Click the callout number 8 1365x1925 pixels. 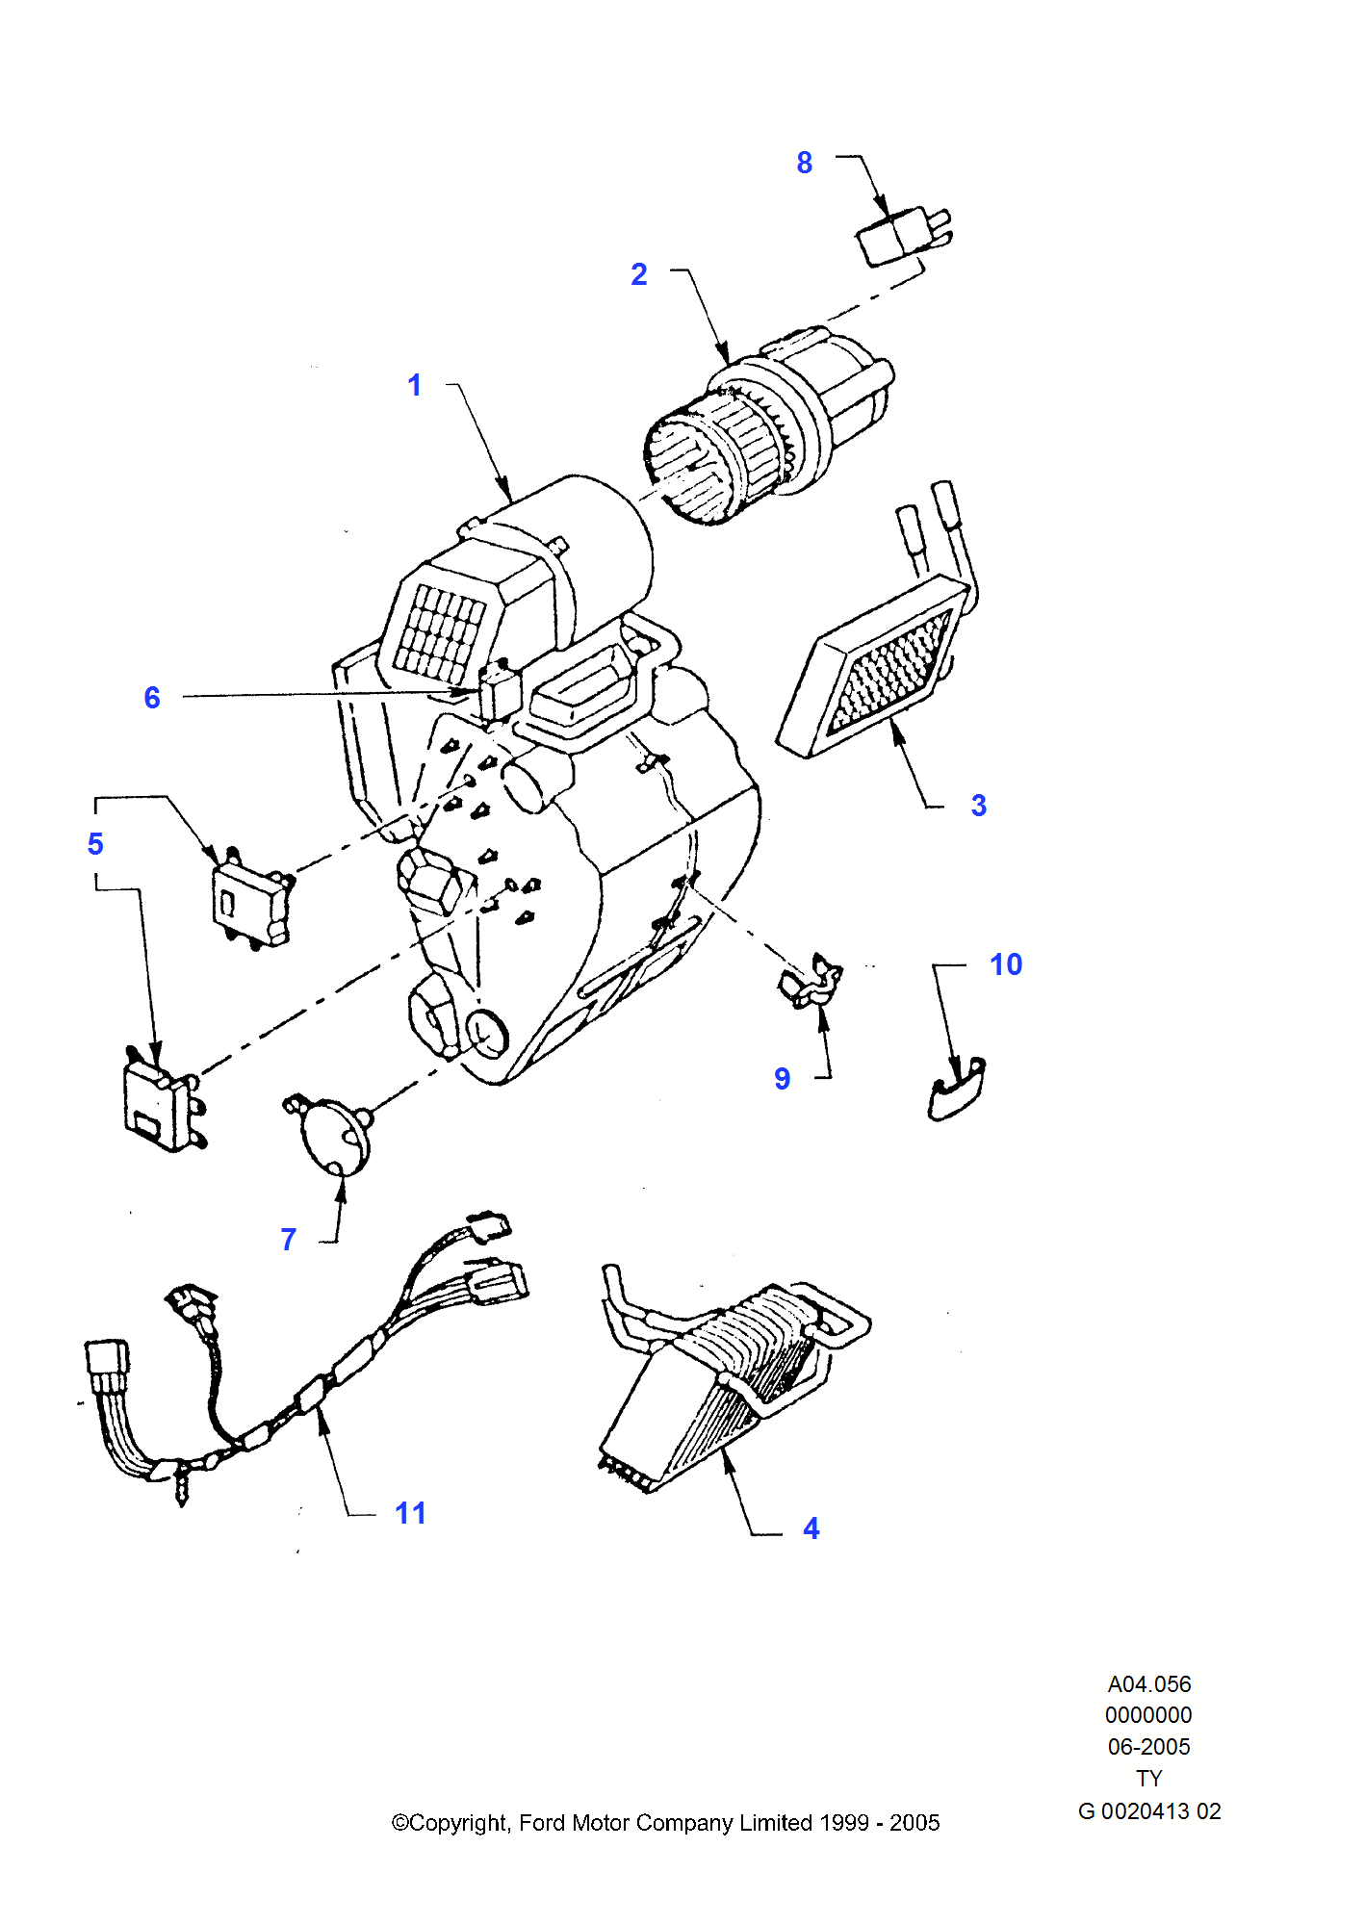804,163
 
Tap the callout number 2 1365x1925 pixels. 639,274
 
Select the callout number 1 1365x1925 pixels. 415,385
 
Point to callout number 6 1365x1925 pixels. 152,698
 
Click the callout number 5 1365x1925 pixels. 95,844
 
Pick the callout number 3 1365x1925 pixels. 979,806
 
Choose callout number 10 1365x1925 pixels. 1006,964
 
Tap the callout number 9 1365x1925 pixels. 783,1079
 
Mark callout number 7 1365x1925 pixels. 289,1240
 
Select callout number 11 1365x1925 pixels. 410,1513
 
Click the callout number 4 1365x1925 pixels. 811,1528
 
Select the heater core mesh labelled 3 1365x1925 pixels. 881,669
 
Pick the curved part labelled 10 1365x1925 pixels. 956,1092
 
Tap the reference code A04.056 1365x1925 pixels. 1149,1684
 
